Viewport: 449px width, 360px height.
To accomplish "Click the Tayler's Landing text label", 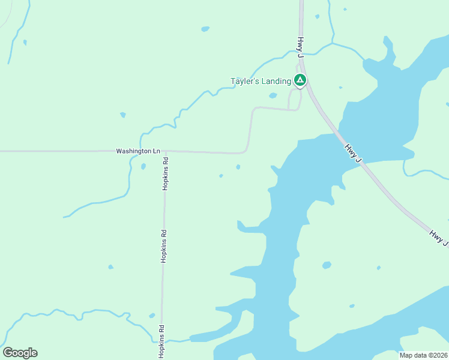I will pyautogui.click(x=261, y=81).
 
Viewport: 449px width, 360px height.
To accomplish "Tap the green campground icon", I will pyautogui.click(x=300, y=80).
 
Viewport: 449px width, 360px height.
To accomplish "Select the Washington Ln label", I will pyautogui.click(x=138, y=152).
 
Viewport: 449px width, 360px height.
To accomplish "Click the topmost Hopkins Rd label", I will pyautogui.click(x=166, y=173).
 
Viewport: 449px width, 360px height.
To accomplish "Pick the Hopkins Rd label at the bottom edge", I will pyautogui.click(x=161, y=341).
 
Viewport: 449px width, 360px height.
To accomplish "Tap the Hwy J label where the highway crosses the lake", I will pyautogui.click(x=353, y=152).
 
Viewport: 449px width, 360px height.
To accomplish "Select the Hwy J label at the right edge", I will pyautogui.click(x=439, y=235).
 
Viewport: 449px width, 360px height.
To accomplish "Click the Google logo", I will pyautogui.click(x=20, y=353).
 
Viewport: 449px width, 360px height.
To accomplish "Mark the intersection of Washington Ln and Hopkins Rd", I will pyautogui.click(x=164, y=151).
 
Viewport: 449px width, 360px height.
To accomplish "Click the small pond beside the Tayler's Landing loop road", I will pyautogui.click(x=273, y=95).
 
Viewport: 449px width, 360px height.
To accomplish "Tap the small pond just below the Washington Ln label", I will pyautogui.click(x=143, y=166).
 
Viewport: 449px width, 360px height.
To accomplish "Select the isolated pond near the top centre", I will pyautogui.click(x=205, y=29).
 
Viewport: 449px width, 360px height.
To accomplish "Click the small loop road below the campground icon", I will pyautogui.click(x=295, y=99).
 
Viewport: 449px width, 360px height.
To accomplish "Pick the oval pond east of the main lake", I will pyautogui.click(x=327, y=265).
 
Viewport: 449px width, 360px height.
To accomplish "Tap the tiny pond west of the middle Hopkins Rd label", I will pyautogui.click(x=110, y=267).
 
